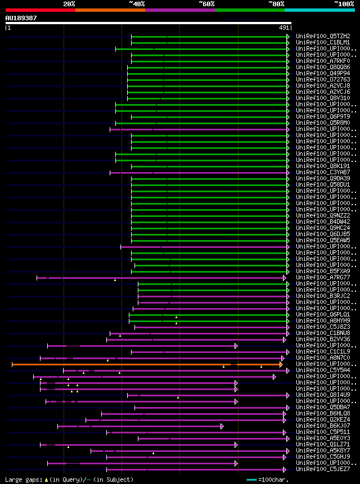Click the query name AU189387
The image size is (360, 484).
[x=21, y=18]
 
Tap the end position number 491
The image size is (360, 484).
[x=284, y=27]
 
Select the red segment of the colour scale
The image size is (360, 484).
[x=40, y=10]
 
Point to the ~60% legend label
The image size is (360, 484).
[x=206, y=4]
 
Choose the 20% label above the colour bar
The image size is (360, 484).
[x=69, y=4]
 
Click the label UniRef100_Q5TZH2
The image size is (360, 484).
[x=322, y=36]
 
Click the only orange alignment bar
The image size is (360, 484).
[x=146, y=364]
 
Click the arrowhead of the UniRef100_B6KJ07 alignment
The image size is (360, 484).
[x=222, y=426]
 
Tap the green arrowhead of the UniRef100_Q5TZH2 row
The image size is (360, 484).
[x=288, y=37]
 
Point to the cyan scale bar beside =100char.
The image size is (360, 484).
[x=251, y=480]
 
